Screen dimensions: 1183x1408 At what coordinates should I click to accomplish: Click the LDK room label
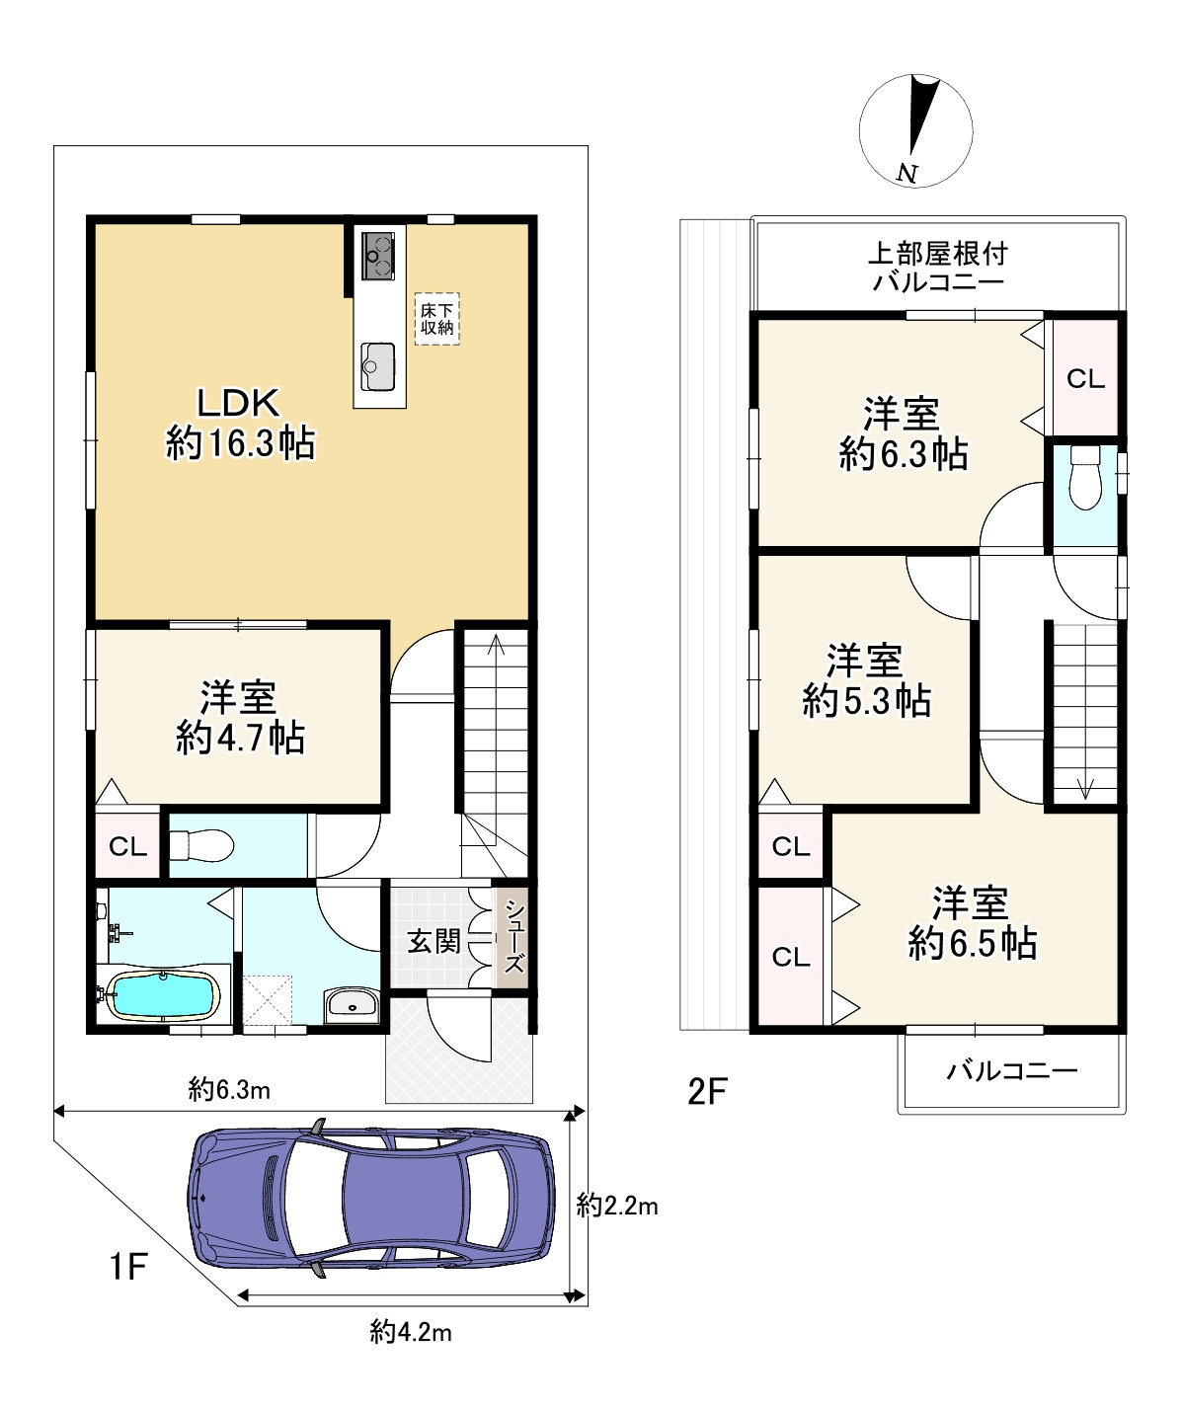click(238, 403)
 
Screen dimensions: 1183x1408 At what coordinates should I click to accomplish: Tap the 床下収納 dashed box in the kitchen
click(437, 319)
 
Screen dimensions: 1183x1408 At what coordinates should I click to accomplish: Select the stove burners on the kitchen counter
click(378, 256)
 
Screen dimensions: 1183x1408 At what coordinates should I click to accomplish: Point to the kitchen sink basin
click(377, 367)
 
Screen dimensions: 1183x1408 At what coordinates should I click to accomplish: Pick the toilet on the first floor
click(201, 845)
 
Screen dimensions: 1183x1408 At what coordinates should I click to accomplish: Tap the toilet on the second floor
click(1085, 477)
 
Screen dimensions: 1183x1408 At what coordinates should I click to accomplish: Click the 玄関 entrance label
click(434, 942)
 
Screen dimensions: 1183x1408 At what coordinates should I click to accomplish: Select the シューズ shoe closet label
click(513, 936)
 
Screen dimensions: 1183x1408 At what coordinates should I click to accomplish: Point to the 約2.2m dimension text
click(617, 1205)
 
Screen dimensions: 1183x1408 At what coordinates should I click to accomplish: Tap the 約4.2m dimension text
click(411, 1332)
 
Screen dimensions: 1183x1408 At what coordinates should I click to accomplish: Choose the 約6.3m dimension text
click(229, 1089)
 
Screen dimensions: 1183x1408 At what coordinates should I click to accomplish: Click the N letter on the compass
click(907, 174)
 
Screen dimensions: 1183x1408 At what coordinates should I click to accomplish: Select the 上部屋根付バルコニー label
click(938, 267)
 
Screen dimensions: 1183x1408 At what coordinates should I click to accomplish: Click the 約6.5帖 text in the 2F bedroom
click(973, 943)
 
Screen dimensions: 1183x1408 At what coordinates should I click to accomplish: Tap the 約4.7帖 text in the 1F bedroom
click(240, 738)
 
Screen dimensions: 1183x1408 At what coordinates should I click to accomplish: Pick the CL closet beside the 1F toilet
click(127, 846)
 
